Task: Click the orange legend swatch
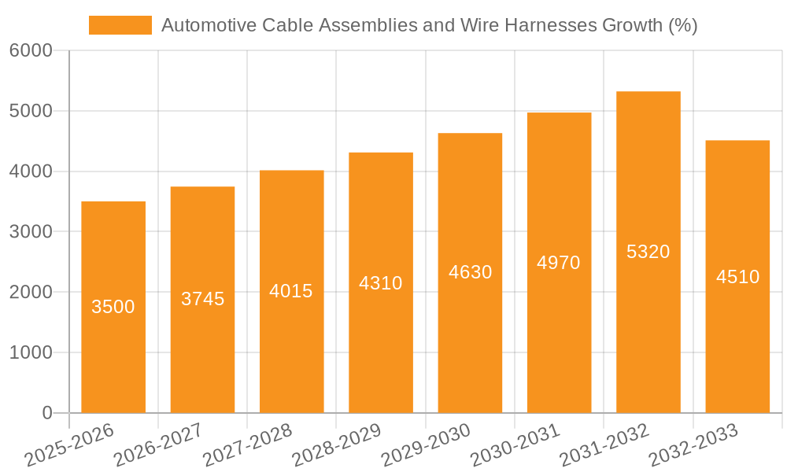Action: [x=120, y=25]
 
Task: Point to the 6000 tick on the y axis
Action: [x=31, y=51]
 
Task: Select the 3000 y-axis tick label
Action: [x=31, y=232]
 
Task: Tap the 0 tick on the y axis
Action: [x=46, y=413]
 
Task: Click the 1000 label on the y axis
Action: [x=31, y=352]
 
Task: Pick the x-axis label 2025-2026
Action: [x=70, y=445]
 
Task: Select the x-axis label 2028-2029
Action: [x=337, y=445]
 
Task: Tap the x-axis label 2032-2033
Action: [x=693, y=445]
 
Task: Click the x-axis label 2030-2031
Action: [x=515, y=445]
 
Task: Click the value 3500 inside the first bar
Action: [x=113, y=307]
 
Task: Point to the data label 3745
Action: [x=202, y=299]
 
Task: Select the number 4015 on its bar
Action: [x=291, y=291]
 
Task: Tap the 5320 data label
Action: [x=648, y=252]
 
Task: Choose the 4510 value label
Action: [x=737, y=277]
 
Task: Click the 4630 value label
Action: [x=470, y=272]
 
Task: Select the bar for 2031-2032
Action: [x=648, y=330]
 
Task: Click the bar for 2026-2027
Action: [x=202, y=354]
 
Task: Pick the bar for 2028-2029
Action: [x=381, y=346]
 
